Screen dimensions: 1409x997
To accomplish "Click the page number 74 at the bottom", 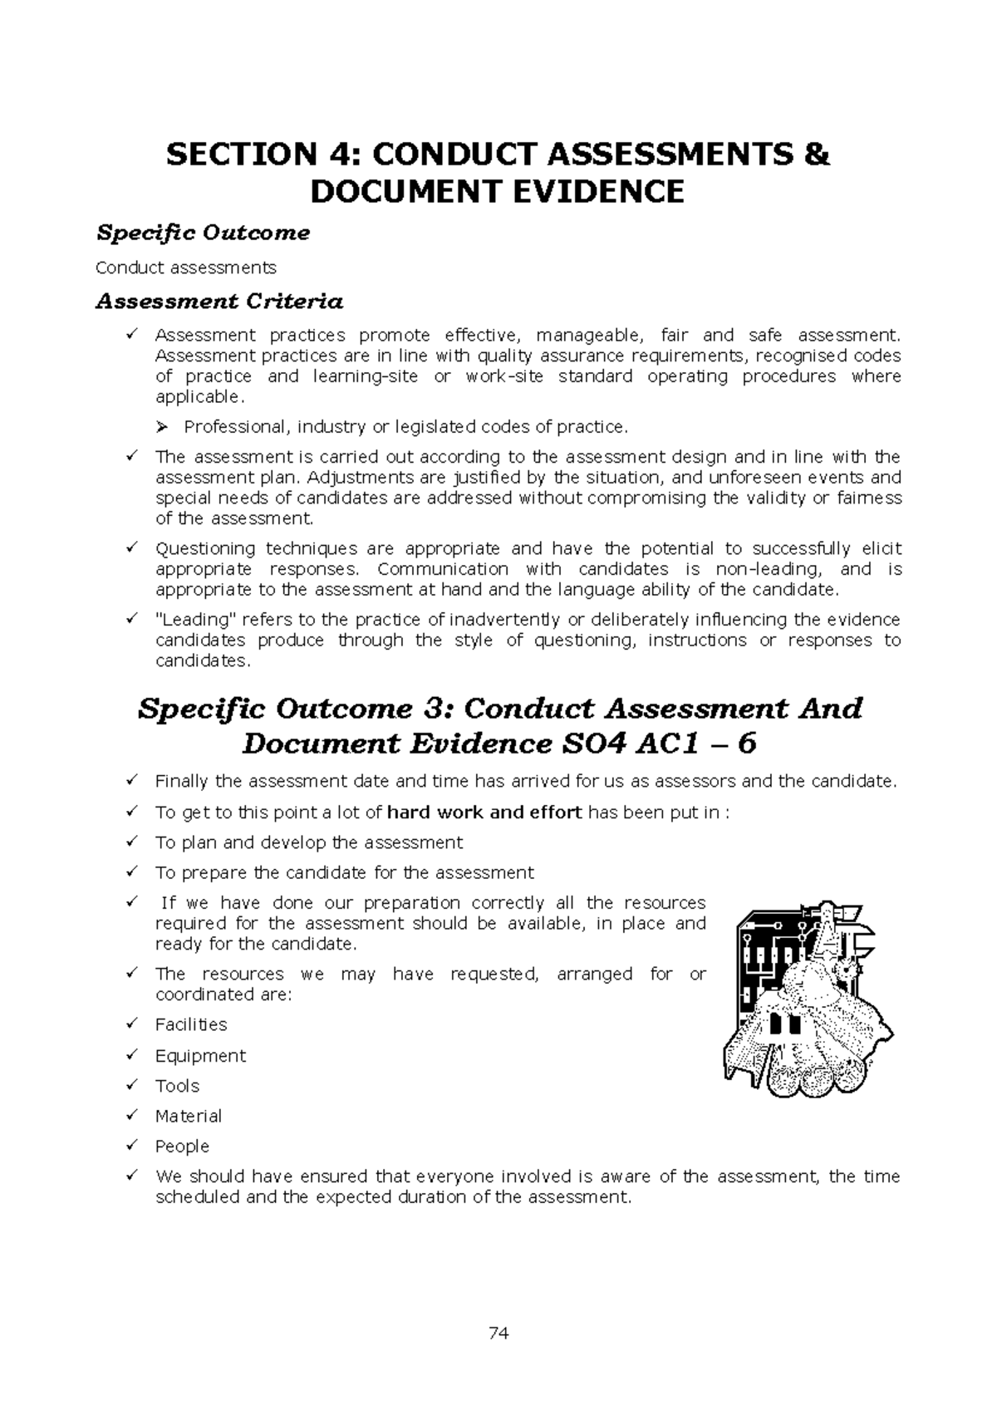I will point(498,1334).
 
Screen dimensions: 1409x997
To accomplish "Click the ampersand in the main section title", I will point(818,155).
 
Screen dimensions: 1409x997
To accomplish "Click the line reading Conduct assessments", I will point(186,268).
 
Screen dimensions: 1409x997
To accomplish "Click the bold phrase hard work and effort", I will point(484,813).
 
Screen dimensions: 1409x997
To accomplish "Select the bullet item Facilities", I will point(191,1024).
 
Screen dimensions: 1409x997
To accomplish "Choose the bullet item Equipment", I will point(200,1056).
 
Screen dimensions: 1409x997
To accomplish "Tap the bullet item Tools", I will point(177,1086).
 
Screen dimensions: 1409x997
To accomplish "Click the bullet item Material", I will point(189,1116).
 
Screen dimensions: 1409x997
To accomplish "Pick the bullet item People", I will point(182,1146).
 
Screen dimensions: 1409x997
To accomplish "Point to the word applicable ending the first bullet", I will point(199,397).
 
